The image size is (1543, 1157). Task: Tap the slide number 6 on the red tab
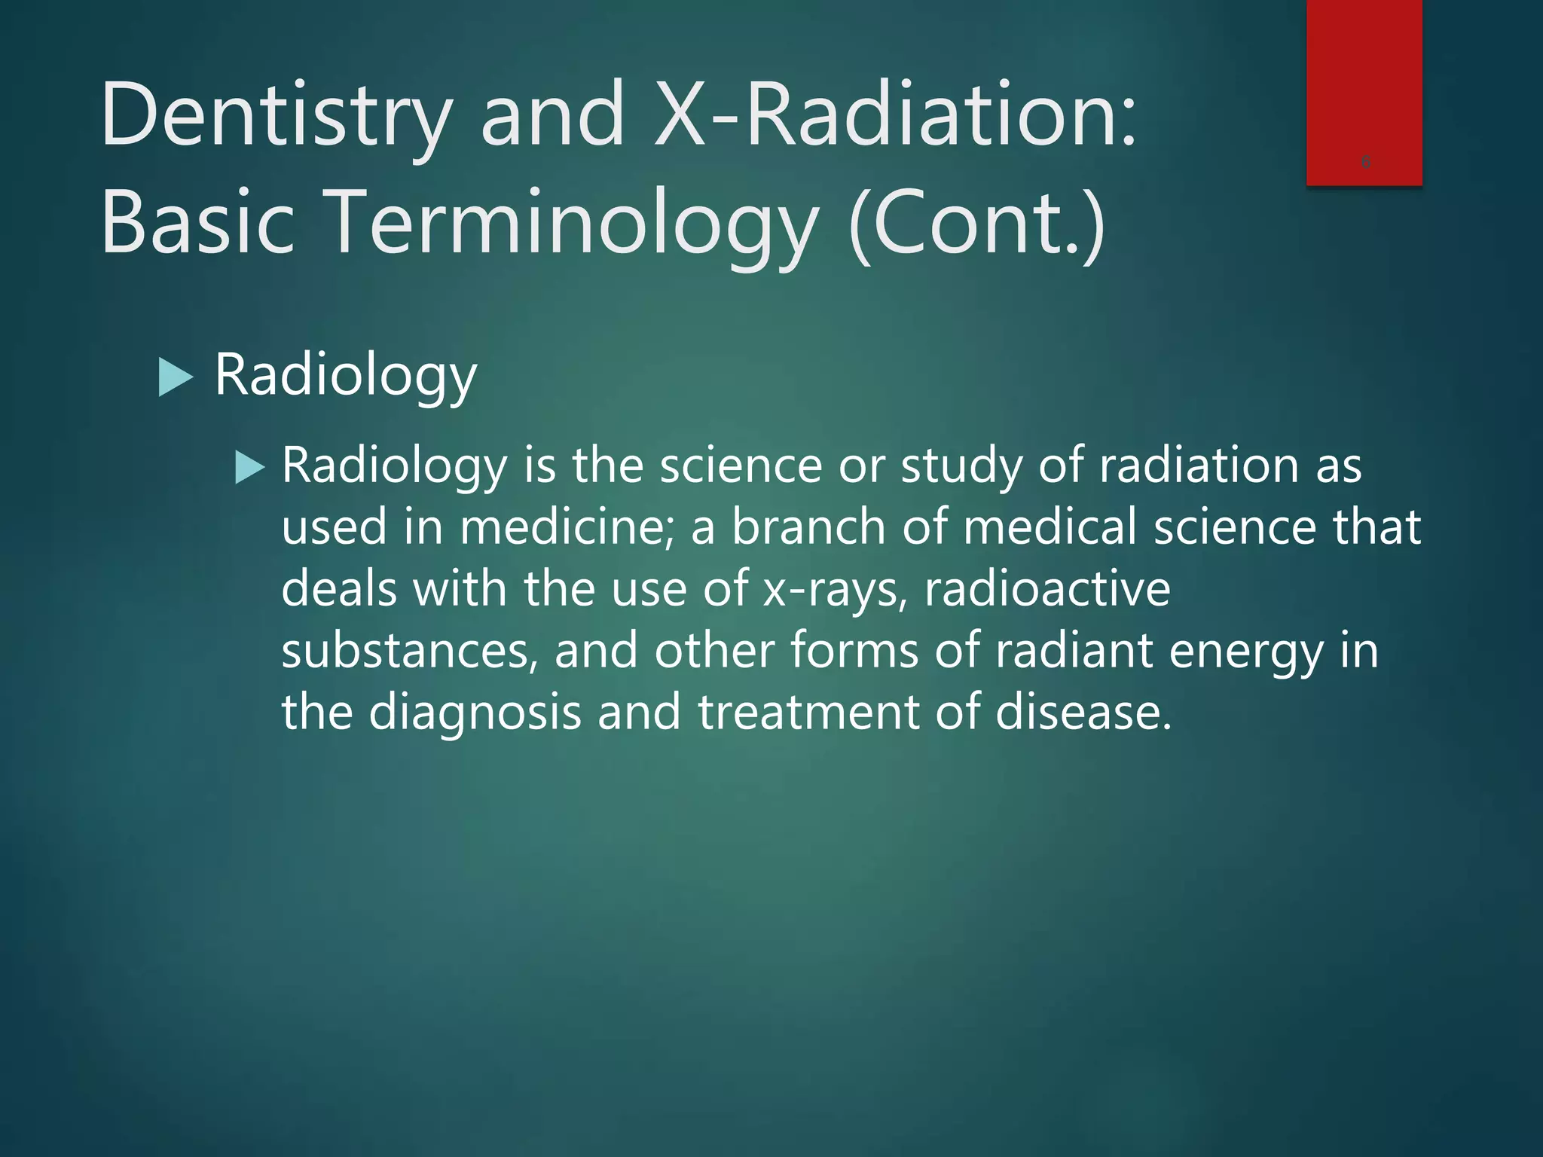click(x=1366, y=161)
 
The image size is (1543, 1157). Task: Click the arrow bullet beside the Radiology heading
click(x=176, y=377)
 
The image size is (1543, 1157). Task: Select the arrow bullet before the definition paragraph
click(x=249, y=467)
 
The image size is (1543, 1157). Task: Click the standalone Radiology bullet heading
click(x=346, y=375)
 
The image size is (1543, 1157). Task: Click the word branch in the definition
click(x=808, y=527)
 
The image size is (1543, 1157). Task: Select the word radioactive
click(x=1047, y=588)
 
